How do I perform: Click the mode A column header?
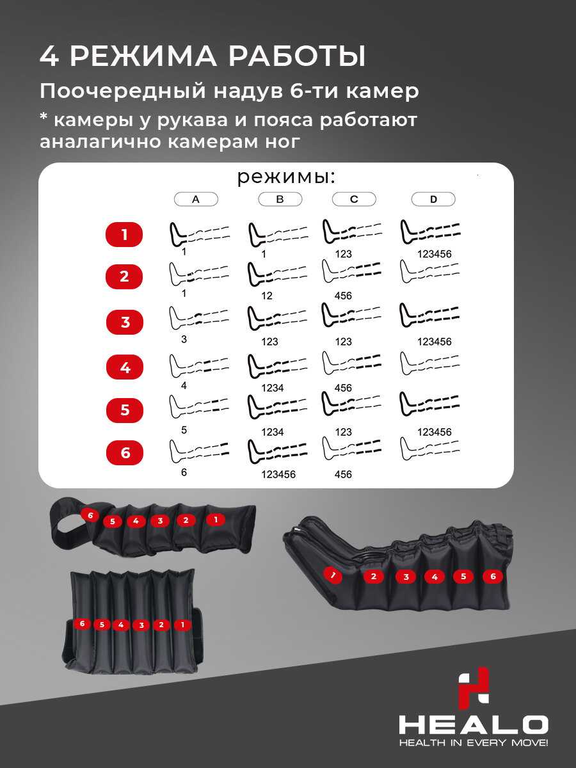pos(196,199)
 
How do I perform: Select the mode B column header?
pos(280,199)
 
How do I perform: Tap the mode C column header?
pos(354,199)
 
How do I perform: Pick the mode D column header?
pos(433,199)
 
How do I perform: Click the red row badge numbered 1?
pos(124,234)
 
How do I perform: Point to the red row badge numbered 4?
pos(125,367)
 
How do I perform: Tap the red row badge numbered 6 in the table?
pos(125,452)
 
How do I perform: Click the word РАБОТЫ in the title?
pos(297,56)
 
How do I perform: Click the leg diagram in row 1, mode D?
pos(430,232)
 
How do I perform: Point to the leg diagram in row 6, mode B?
pos(277,451)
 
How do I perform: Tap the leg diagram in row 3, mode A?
pos(199,317)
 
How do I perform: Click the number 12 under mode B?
pos(267,296)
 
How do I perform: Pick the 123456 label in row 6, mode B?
pos(278,474)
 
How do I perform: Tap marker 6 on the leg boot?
pos(493,576)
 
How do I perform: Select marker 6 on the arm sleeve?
pos(90,515)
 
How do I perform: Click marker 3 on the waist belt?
pos(141,625)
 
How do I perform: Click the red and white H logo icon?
pos(474,688)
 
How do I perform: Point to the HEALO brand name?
pos(474,724)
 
